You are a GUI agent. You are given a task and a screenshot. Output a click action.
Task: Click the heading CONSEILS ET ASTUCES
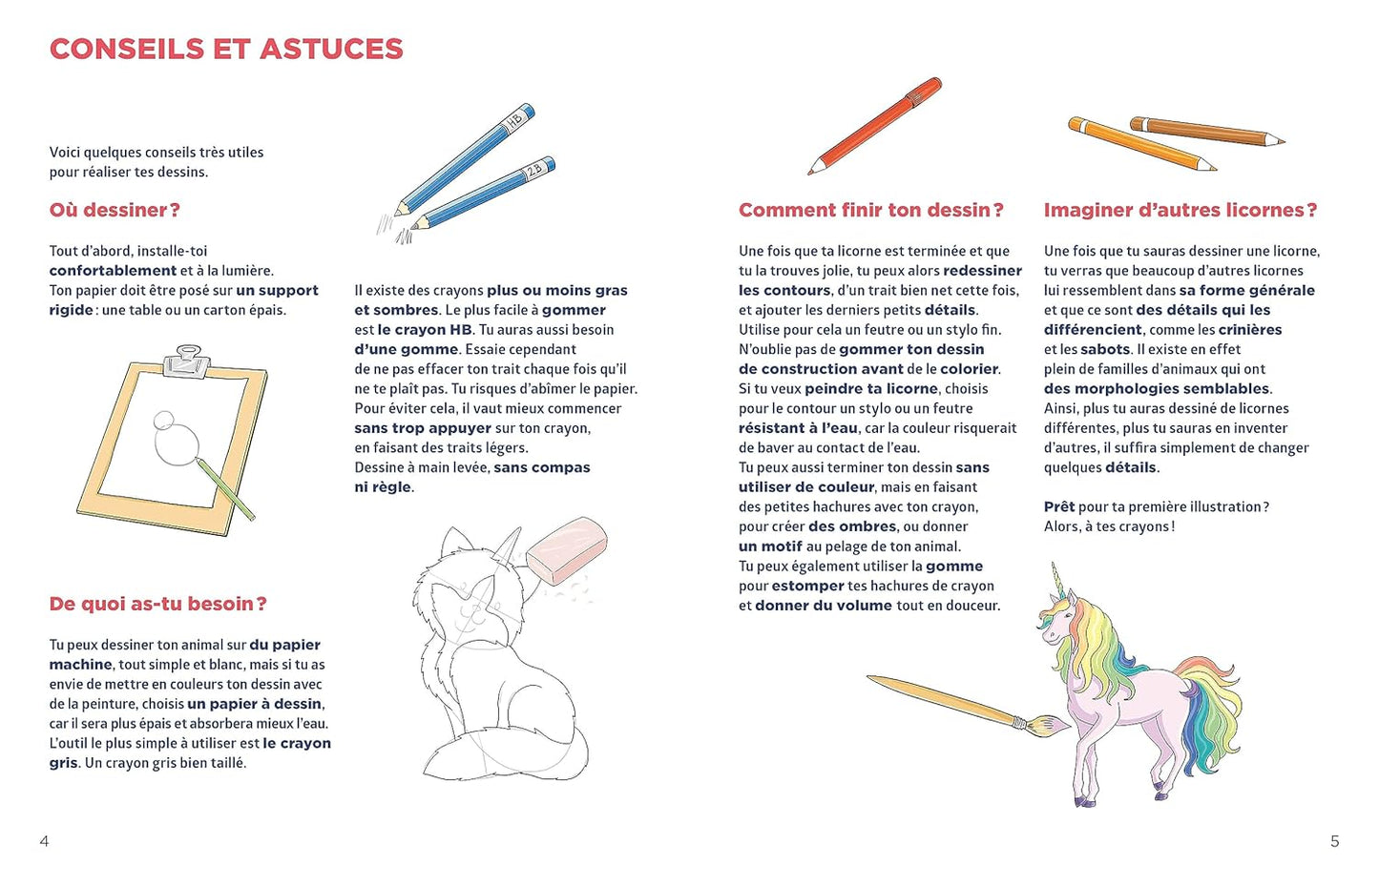coord(226,50)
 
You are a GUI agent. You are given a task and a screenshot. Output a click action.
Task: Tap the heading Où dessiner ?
coord(115,210)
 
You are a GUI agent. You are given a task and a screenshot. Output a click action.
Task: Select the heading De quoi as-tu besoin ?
coord(157,604)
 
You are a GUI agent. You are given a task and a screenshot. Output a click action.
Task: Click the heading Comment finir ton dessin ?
coord(870,210)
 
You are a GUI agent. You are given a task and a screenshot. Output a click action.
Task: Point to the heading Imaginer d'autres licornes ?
coord(1180,210)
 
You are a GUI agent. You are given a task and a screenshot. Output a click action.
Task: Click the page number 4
coord(44,841)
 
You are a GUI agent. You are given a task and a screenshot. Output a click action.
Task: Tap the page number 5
coord(1334,841)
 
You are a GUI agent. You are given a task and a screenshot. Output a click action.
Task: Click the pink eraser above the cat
coord(567,548)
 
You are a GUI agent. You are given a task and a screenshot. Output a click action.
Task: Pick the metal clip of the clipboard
coord(187,360)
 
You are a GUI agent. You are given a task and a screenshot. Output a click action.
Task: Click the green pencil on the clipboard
coord(225,489)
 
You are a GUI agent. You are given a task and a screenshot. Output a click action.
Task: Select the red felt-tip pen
coord(875,126)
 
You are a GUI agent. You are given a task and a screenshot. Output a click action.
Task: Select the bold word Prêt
coord(1058,507)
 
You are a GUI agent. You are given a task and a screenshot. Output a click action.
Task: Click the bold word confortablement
coord(113,271)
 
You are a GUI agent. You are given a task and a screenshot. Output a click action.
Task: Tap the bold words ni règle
coord(384,487)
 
